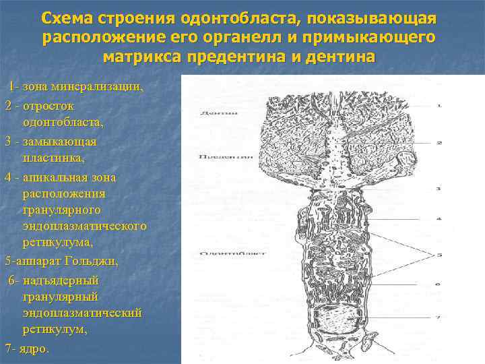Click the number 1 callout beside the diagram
[439, 105]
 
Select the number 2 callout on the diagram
[439, 143]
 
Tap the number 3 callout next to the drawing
[439, 189]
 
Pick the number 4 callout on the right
[439, 219]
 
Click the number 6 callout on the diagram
[439, 285]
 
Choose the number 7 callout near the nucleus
[439, 316]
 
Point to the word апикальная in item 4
[60, 177]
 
